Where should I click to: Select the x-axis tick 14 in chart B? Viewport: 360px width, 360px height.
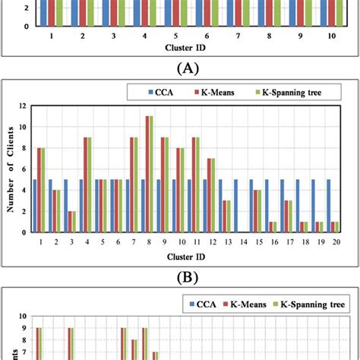point(237,241)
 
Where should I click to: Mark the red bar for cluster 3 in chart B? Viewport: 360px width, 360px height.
point(71,222)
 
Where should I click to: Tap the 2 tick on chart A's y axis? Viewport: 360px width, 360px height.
point(27,9)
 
